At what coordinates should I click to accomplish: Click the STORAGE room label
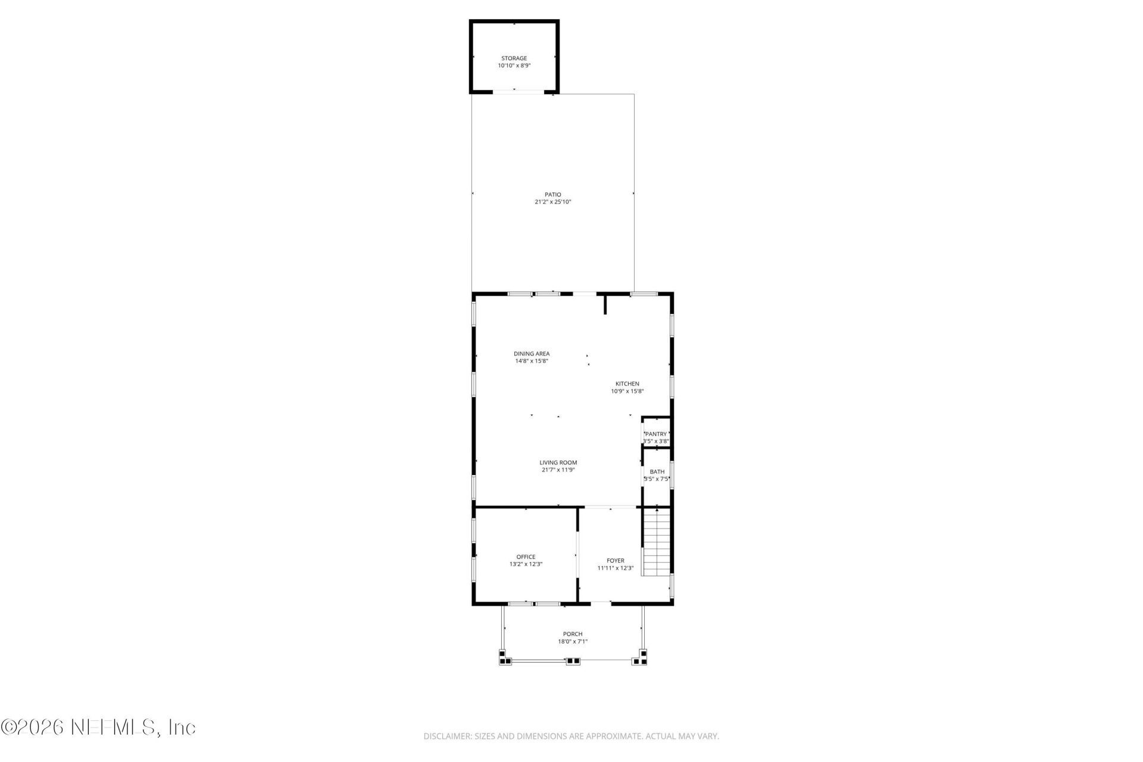coord(514,58)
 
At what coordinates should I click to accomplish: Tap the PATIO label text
coord(552,195)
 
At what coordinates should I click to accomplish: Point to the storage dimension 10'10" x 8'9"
coord(514,66)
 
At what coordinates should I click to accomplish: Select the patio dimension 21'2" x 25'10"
coord(552,202)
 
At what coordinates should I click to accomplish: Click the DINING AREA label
coord(532,354)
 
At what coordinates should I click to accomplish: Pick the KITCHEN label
coord(627,384)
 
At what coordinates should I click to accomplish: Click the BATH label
coord(657,471)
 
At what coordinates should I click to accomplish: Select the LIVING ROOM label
coord(558,463)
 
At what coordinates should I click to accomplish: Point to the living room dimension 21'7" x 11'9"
coord(558,470)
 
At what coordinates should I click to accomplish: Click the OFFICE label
coord(526,557)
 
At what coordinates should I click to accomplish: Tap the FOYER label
coord(615,561)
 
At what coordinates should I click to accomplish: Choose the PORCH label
coord(573,634)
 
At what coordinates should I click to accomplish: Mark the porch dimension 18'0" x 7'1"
coord(573,642)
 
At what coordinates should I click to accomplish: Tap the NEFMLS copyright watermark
coord(98,727)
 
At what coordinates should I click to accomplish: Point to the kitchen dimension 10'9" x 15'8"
coord(627,392)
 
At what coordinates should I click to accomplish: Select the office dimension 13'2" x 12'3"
coord(526,564)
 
